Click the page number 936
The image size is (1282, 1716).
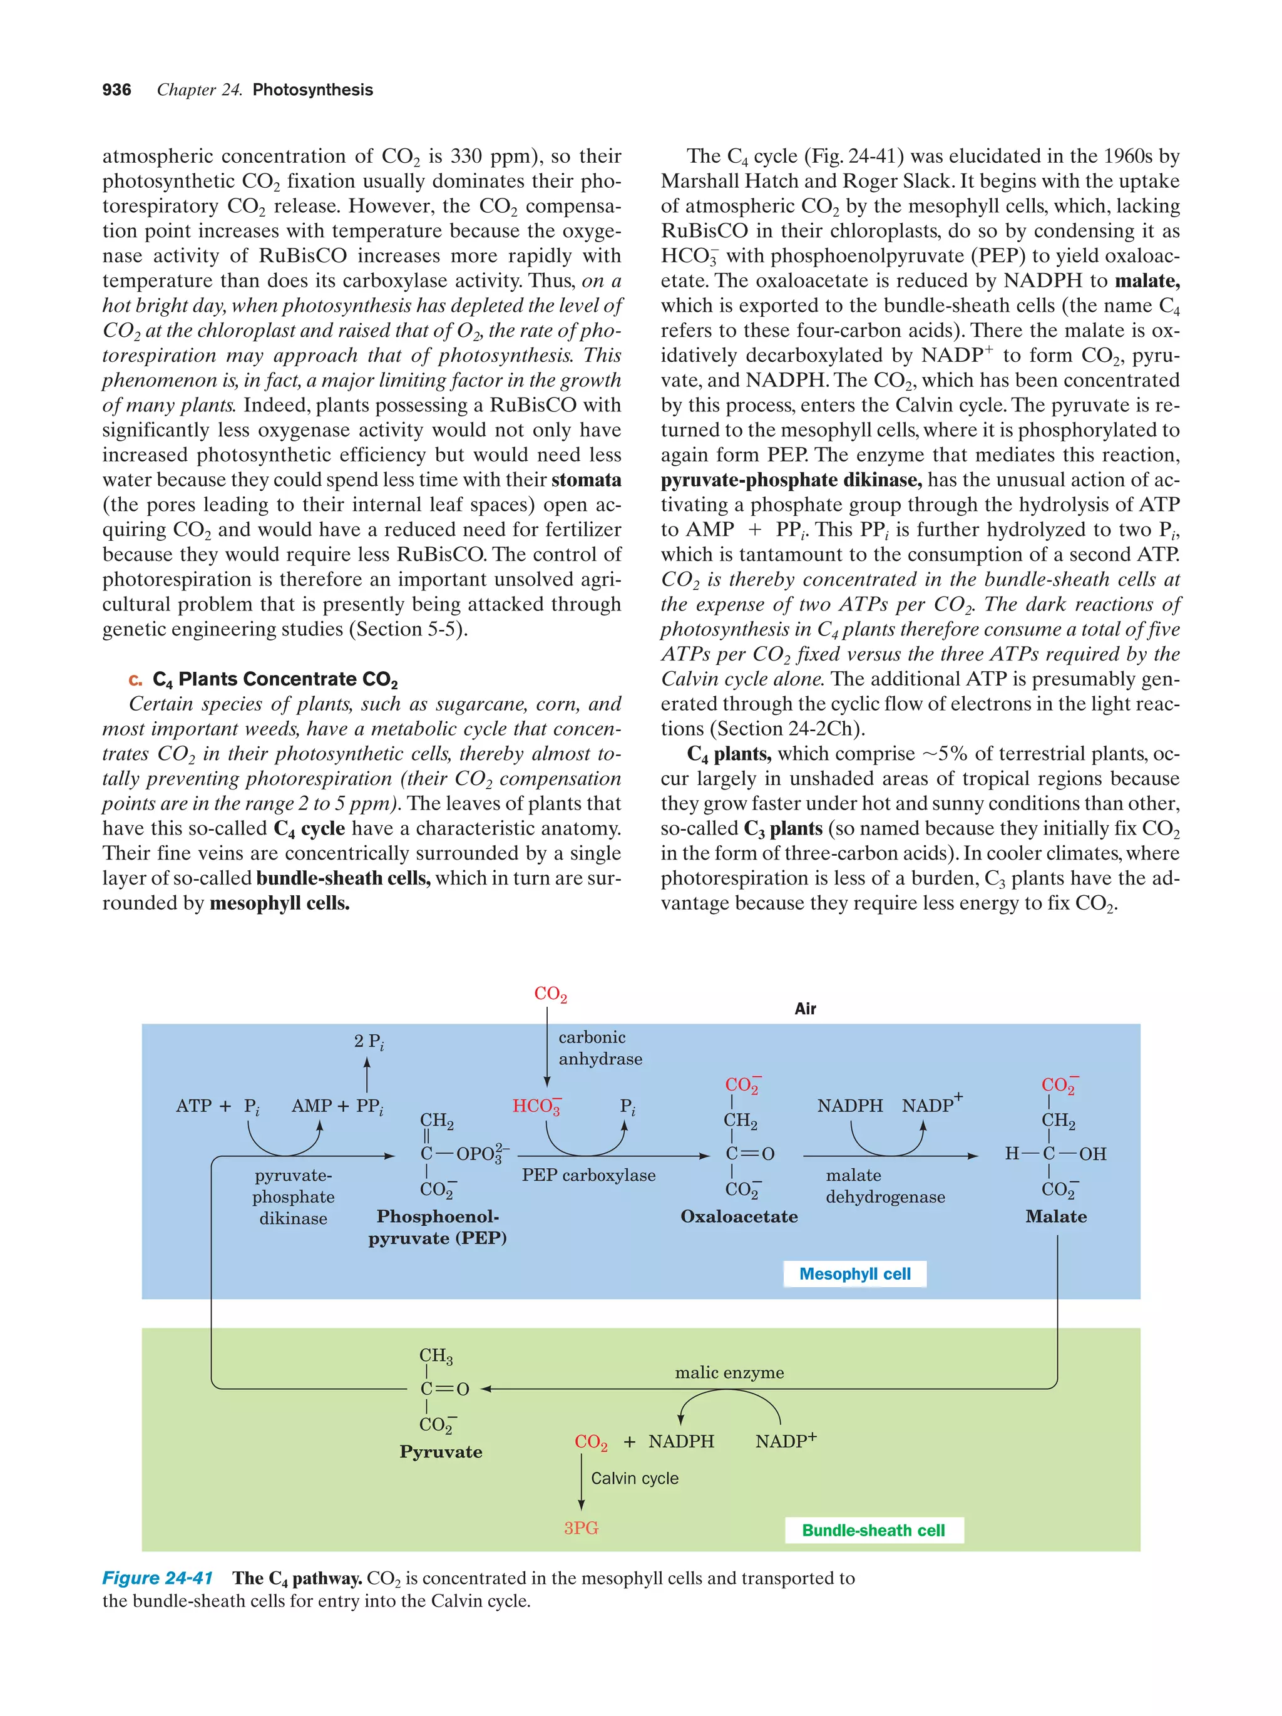(116, 90)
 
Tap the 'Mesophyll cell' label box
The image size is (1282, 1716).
(854, 1274)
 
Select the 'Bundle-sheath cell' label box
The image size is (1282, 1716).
(873, 1530)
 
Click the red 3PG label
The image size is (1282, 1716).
(581, 1528)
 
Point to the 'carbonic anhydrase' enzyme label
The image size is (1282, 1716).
(600, 1048)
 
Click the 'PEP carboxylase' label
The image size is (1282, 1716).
(588, 1174)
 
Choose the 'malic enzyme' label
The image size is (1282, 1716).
(729, 1372)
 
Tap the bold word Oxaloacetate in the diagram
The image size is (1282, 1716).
(738, 1216)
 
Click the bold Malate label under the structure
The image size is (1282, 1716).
(1055, 1216)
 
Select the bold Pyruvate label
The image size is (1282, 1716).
(441, 1451)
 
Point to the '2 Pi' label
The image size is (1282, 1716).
(369, 1042)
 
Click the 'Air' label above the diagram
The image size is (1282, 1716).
(805, 1009)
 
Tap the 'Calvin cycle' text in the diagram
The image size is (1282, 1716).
(634, 1479)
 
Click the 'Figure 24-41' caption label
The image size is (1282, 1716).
(158, 1578)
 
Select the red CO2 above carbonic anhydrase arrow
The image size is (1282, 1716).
(550, 994)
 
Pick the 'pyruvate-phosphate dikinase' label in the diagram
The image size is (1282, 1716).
(293, 1197)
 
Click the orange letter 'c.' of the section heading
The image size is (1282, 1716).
(136, 679)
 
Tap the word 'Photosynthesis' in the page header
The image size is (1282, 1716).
(312, 90)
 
